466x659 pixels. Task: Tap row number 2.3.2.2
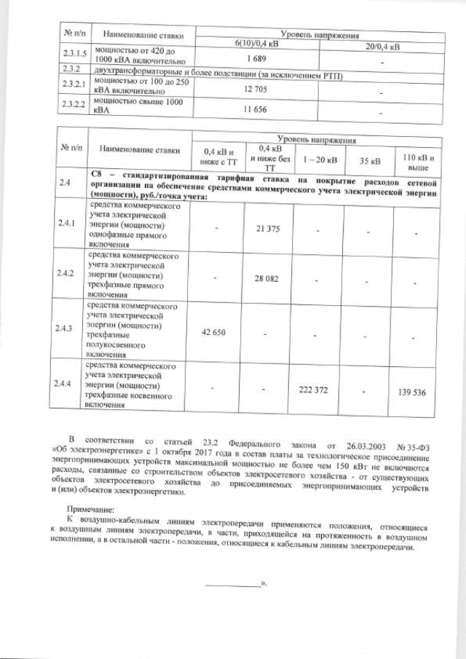tap(71, 106)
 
